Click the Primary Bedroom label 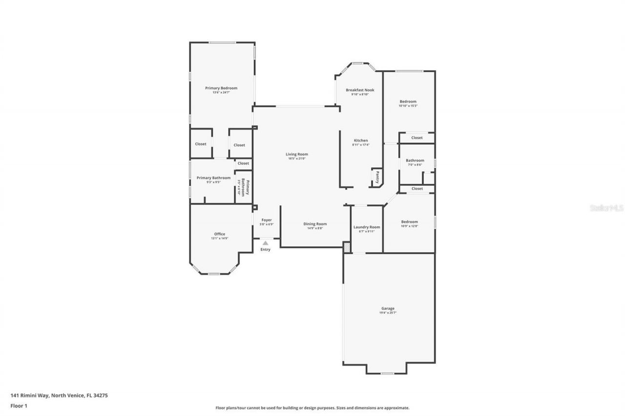(221, 88)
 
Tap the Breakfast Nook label (360, 90)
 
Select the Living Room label (297, 154)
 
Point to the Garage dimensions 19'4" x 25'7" (388, 313)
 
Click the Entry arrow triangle (265, 242)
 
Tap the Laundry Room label (367, 227)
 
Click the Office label (220, 234)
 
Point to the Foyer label (266, 220)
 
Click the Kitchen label (361, 140)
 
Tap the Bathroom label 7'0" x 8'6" (415, 160)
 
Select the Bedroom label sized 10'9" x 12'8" (409, 221)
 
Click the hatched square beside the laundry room (347, 248)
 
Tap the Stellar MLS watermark (606, 208)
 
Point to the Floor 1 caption (19, 405)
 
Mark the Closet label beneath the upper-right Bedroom (417, 138)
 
